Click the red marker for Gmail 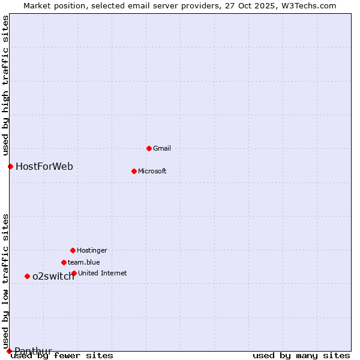(x=149, y=148)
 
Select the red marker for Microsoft (x=134, y=171)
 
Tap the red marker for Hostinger (x=73, y=250)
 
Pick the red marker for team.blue (x=64, y=262)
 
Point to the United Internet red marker (x=74, y=273)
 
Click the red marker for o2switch (x=27, y=276)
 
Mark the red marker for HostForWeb (x=10, y=166)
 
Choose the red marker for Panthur (x=9, y=351)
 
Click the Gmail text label (x=162, y=148)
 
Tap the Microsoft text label (x=152, y=171)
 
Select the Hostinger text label (x=92, y=250)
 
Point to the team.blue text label (x=84, y=262)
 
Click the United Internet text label (x=103, y=273)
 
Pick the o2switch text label (x=53, y=276)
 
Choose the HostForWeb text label (x=44, y=166)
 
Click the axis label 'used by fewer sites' (x=62, y=356)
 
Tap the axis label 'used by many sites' (x=301, y=356)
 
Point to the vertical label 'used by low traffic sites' (x=5, y=281)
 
